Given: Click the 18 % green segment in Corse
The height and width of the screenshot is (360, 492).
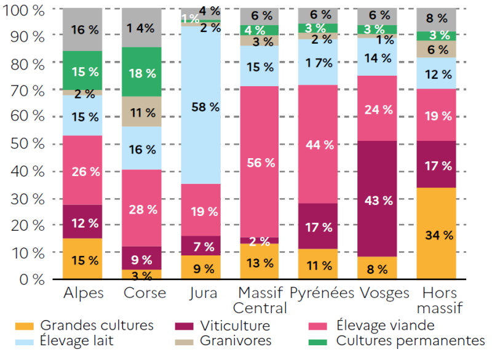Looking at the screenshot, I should [x=141, y=73].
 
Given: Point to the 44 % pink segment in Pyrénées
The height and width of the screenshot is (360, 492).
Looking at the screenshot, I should [x=318, y=145].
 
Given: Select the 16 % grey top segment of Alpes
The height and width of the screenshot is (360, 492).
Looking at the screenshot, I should [x=82, y=30].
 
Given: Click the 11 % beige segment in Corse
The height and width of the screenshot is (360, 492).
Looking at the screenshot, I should [x=141, y=112].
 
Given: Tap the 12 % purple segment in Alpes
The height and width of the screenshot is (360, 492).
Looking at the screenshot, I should [x=82, y=222].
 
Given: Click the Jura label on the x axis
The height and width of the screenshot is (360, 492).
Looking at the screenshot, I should [x=200, y=293].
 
